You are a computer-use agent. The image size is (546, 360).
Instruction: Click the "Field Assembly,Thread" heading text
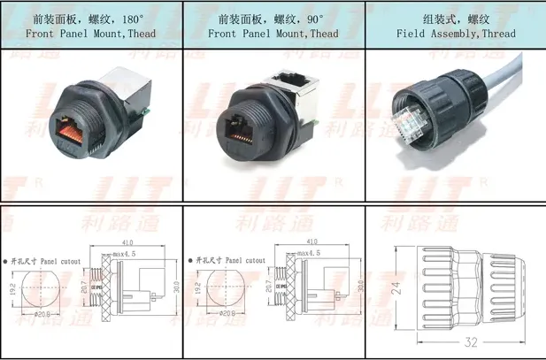pos(456,34)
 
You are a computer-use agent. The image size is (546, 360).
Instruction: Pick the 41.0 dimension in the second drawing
pos(311,241)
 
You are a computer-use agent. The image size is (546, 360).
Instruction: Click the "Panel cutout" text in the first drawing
pos(65,262)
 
